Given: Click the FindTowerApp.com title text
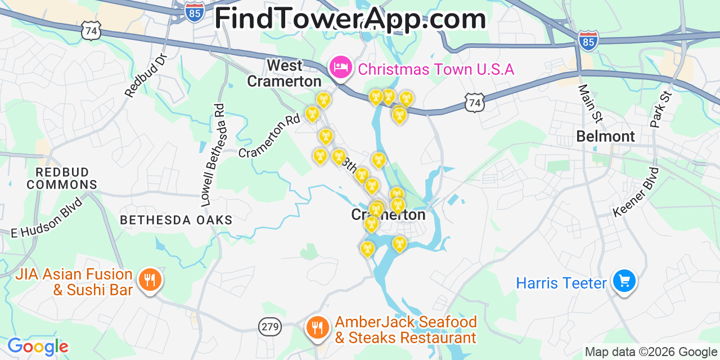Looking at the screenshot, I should (350, 19).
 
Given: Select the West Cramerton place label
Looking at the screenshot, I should (285, 73).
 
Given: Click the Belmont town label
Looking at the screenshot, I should (605, 136).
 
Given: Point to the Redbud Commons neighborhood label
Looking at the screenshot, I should (62, 178).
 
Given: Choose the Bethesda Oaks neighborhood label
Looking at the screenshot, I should (176, 220).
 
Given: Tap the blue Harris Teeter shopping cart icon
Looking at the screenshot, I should (624, 281).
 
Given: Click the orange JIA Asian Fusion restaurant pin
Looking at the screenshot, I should (150, 278).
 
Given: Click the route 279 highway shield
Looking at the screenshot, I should (269, 326).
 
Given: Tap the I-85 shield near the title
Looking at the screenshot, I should (195, 12).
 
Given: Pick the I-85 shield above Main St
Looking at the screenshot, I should (588, 40).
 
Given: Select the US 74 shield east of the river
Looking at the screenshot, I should (475, 102).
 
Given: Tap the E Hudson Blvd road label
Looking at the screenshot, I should (47, 217).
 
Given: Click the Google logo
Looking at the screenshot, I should (38, 346).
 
